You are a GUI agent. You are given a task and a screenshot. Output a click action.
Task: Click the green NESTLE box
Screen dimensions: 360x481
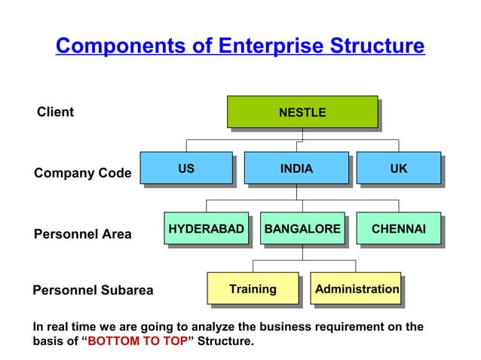coord(302,112)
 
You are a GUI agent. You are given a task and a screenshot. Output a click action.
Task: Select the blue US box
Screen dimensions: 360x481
coord(186,169)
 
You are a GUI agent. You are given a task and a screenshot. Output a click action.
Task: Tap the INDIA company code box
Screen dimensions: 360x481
coord(296,169)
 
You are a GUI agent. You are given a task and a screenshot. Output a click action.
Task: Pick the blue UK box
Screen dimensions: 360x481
coord(398,169)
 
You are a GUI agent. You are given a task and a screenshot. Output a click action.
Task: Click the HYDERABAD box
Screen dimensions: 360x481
coord(206,228)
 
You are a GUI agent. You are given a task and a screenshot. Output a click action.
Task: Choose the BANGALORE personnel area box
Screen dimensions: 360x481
coord(302,228)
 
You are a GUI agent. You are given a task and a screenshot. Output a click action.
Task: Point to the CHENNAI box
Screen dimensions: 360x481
coord(398,228)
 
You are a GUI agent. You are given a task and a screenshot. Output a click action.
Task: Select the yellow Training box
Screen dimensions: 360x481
coord(253,288)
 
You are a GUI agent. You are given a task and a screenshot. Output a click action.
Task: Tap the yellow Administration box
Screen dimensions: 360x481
coord(357,288)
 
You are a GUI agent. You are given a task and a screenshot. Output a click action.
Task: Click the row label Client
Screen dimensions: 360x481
coord(55,112)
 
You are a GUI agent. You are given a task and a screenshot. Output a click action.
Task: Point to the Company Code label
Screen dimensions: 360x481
coord(82,173)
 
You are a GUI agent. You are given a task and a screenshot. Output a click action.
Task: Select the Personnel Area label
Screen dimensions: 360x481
coord(82,234)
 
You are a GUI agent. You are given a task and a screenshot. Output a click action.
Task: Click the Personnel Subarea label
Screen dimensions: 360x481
coord(93,290)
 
